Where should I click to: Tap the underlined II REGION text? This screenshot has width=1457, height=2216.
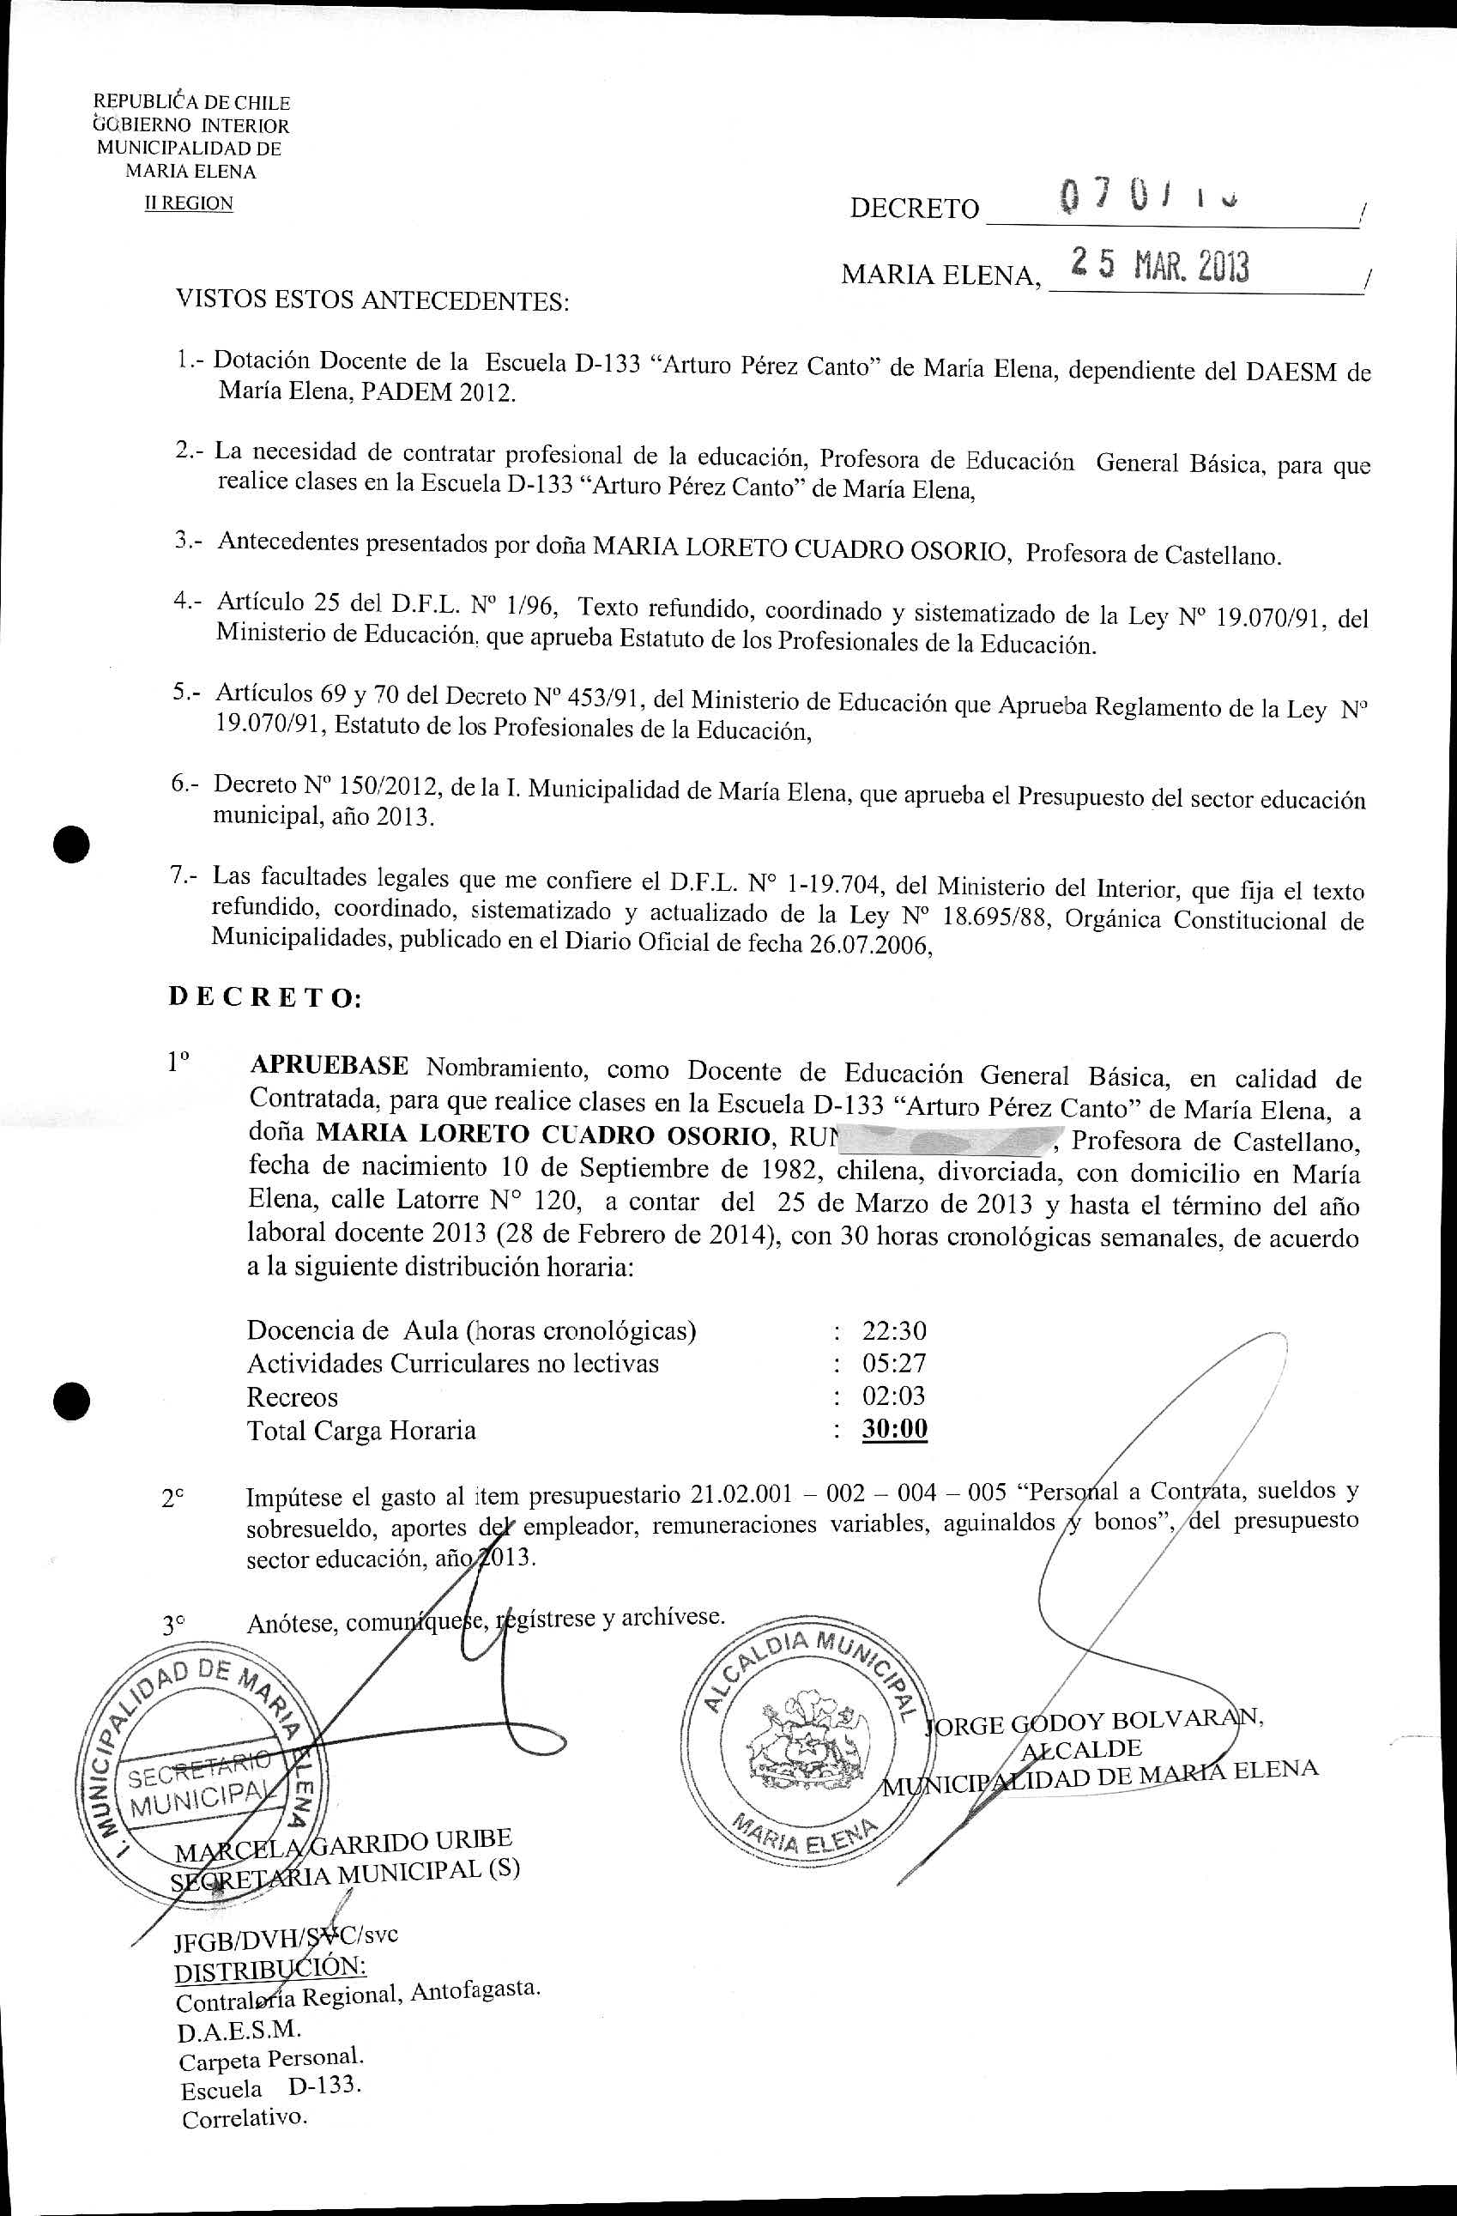pyautogui.click(x=188, y=203)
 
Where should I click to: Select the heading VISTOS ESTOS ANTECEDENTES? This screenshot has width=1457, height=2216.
pyautogui.click(x=372, y=300)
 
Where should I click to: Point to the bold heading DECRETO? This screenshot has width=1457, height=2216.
pyautogui.click(x=264, y=998)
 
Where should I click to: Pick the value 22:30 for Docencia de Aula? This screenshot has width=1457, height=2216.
pyautogui.click(x=894, y=1330)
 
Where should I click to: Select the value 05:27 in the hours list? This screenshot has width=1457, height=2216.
pyautogui.click(x=894, y=1363)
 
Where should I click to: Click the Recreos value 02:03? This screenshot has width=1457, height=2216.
pyautogui.click(x=894, y=1396)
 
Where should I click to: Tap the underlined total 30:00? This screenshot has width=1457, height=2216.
pyautogui.click(x=895, y=1429)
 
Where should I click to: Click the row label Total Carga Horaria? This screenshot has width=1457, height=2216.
pyautogui.click(x=361, y=1430)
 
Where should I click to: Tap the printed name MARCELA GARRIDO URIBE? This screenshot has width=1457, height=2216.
pyautogui.click(x=343, y=1847)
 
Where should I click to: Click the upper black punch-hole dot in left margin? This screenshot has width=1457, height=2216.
pyautogui.click(x=73, y=845)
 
